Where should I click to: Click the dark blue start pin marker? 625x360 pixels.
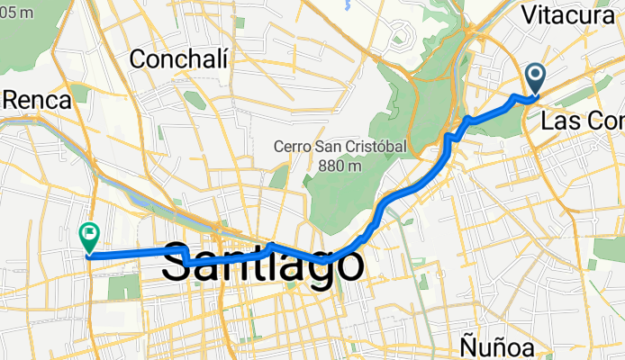(x=535, y=77)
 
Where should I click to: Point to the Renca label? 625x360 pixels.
(x=36, y=100)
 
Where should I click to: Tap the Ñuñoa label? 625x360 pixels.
(x=496, y=347)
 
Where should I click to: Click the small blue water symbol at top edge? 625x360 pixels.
(x=346, y=5)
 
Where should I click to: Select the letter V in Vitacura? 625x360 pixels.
(x=529, y=15)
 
